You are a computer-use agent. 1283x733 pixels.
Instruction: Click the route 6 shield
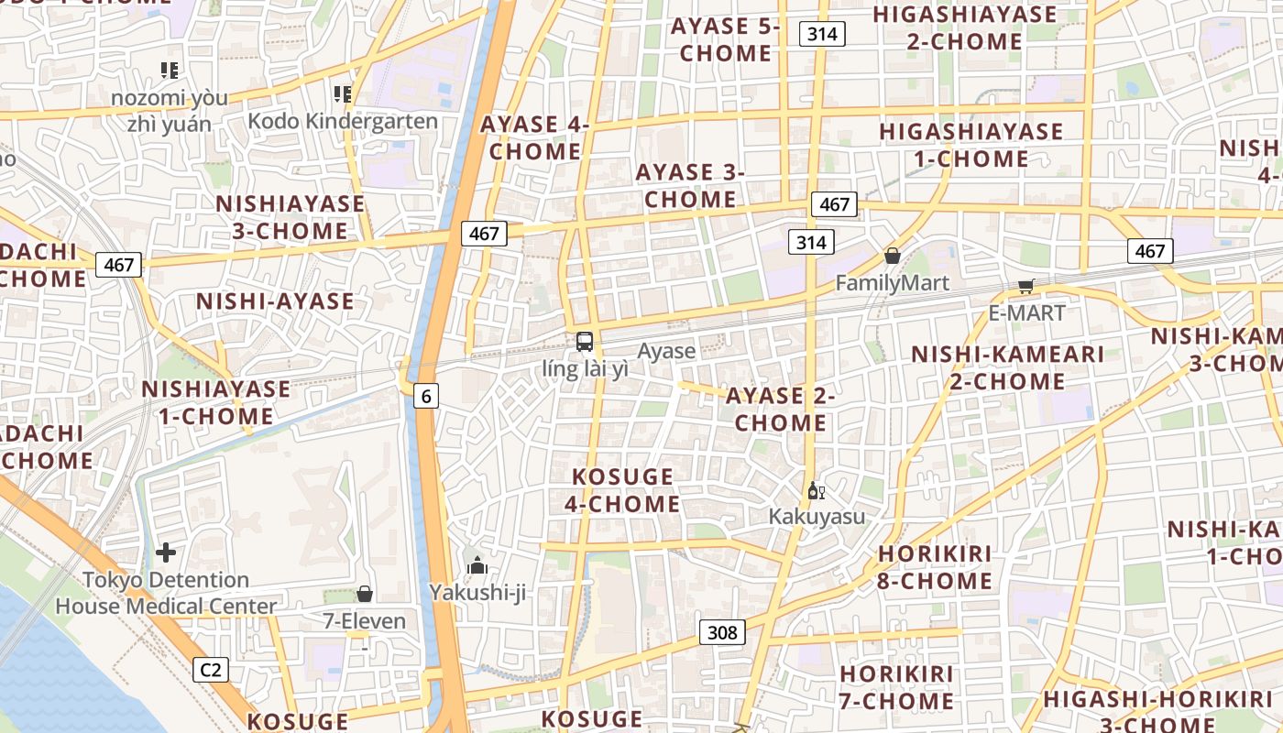[x=425, y=396]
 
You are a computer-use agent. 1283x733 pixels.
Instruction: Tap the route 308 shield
[x=722, y=632]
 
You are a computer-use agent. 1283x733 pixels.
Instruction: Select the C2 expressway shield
[x=211, y=670]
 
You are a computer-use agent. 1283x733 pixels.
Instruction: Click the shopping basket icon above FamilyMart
[x=892, y=256]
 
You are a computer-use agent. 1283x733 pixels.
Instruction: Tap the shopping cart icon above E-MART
[x=1025, y=287]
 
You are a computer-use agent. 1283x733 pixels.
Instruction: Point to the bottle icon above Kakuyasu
[x=816, y=491]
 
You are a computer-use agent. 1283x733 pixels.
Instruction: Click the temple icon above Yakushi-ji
[x=477, y=566]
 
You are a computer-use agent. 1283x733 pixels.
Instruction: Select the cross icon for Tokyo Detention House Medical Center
[x=166, y=552]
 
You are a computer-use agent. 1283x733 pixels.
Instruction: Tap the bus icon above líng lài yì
[x=585, y=343]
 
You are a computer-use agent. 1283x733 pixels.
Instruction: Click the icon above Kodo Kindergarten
[x=343, y=93]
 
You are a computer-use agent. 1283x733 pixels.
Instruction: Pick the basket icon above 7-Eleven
[x=365, y=594]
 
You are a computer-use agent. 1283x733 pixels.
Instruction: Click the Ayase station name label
[x=666, y=351]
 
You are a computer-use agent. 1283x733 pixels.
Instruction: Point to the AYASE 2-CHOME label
[x=780, y=410]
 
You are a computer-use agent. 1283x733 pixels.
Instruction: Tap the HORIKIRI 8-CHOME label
[x=935, y=567]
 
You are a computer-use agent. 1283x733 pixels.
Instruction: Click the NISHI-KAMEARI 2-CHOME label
[x=1007, y=367]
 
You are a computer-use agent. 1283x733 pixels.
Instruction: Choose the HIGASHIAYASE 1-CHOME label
[x=970, y=145]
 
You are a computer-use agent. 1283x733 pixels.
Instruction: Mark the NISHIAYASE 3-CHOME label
[x=290, y=217]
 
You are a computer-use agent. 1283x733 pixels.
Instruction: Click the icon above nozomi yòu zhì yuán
[x=169, y=70]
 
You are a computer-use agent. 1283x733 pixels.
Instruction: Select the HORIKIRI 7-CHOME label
[x=896, y=687]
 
